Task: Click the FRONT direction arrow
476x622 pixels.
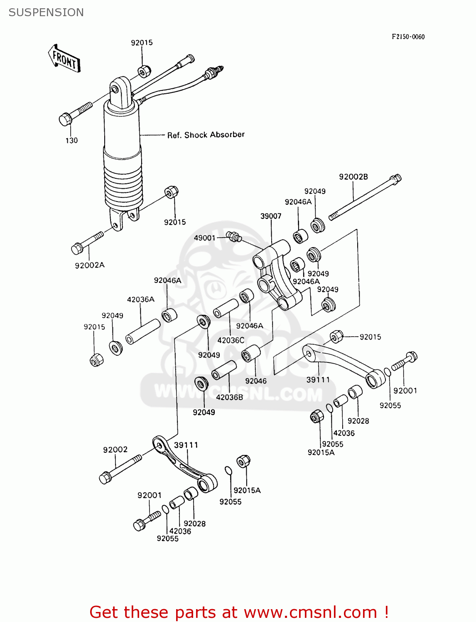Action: (x=64, y=59)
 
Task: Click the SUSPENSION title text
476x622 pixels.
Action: (x=46, y=12)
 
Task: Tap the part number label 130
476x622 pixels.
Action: (x=71, y=141)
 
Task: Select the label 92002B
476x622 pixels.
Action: (x=353, y=177)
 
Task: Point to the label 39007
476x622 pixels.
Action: (x=271, y=216)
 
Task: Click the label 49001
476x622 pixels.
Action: (x=205, y=238)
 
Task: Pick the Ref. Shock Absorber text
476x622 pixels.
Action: (x=206, y=135)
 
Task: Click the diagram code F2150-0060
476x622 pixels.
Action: (x=408, y=36)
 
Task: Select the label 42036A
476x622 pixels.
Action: (x=140, y=299)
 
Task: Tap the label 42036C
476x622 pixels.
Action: (x=231, y=340)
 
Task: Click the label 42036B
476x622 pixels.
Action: (x=229, y=397)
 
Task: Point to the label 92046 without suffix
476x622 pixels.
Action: (x=256, y=381)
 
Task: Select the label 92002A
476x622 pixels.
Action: (x=90, y=265)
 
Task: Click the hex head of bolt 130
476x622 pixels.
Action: (x=65, y=119)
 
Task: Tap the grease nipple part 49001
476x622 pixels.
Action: (x=234, y=237)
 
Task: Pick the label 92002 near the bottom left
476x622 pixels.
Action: (x=115, y=449)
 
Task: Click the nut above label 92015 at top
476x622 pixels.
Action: (x=144, y=71)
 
